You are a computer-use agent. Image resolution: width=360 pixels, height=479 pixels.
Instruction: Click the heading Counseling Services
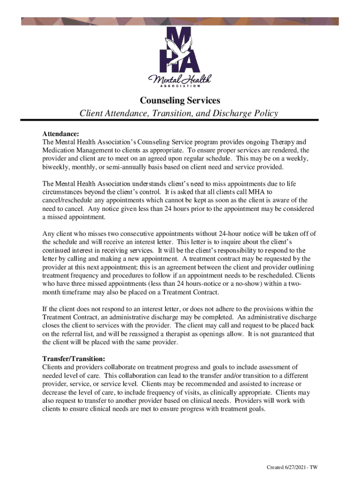pyautogui.click(x=180, y=100)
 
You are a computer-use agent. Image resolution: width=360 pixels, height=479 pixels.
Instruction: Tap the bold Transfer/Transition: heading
pyautogui.click(x=73, y=359)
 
